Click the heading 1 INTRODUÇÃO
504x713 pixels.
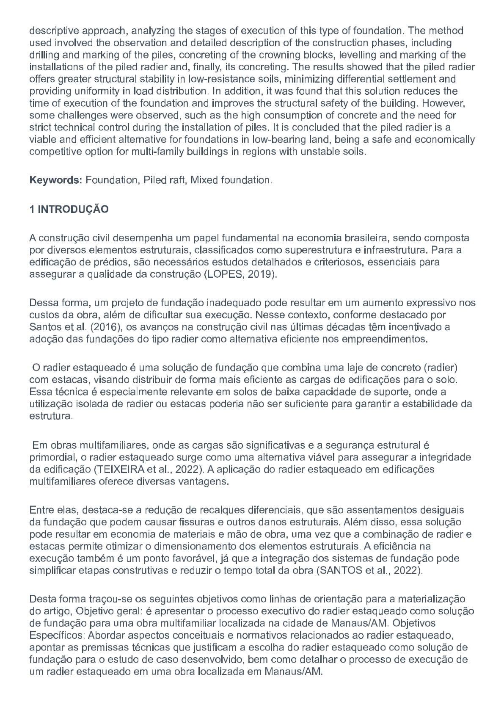(x=69, y=210)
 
